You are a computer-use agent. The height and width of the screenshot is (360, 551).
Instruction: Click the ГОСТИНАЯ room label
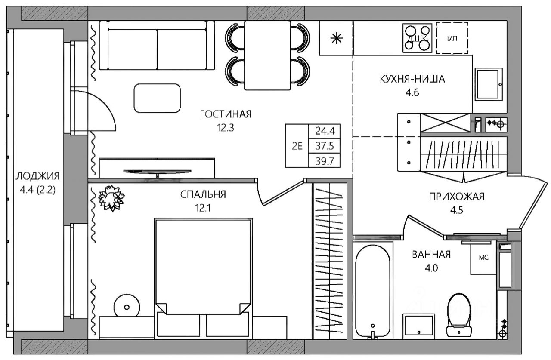(x=226, y=114)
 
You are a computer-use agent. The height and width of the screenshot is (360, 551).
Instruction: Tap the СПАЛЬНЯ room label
(x=203, y=194)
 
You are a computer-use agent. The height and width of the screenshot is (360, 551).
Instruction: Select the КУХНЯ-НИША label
(x=412, y=79)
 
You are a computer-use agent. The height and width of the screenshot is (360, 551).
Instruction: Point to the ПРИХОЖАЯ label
(x=457, y=197)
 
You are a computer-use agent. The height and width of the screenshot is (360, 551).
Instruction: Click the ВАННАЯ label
(x=431, y=255)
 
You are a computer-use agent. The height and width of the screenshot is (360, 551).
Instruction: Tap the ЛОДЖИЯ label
(x=37, y=176)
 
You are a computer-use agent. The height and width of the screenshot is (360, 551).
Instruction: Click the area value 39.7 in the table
(x=325, y=161)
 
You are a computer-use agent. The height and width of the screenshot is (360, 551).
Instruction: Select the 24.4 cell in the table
(x=325, y=131)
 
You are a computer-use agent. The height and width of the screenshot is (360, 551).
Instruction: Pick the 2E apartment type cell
(x=297, y=146)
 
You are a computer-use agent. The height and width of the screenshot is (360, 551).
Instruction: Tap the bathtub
(x=373, y=292)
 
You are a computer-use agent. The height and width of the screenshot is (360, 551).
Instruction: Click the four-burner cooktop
(x=418, y=38)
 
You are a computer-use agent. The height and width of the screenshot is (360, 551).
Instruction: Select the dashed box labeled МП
(x=452, y=38)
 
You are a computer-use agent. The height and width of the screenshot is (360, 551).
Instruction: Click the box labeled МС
(x=483, y=258)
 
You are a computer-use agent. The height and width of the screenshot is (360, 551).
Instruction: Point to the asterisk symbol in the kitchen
(x=337, y=38)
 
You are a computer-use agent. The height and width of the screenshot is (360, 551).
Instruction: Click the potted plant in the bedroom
(x=111, y=198)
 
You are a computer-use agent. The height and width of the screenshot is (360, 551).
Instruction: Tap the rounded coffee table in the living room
(x=157, y=98)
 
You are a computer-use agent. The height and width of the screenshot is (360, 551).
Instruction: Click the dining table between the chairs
(x=267, y=55)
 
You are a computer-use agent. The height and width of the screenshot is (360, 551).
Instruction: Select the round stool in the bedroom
(x=127, y=307)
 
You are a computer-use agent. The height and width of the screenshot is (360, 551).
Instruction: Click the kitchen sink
(x=489, y=84)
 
